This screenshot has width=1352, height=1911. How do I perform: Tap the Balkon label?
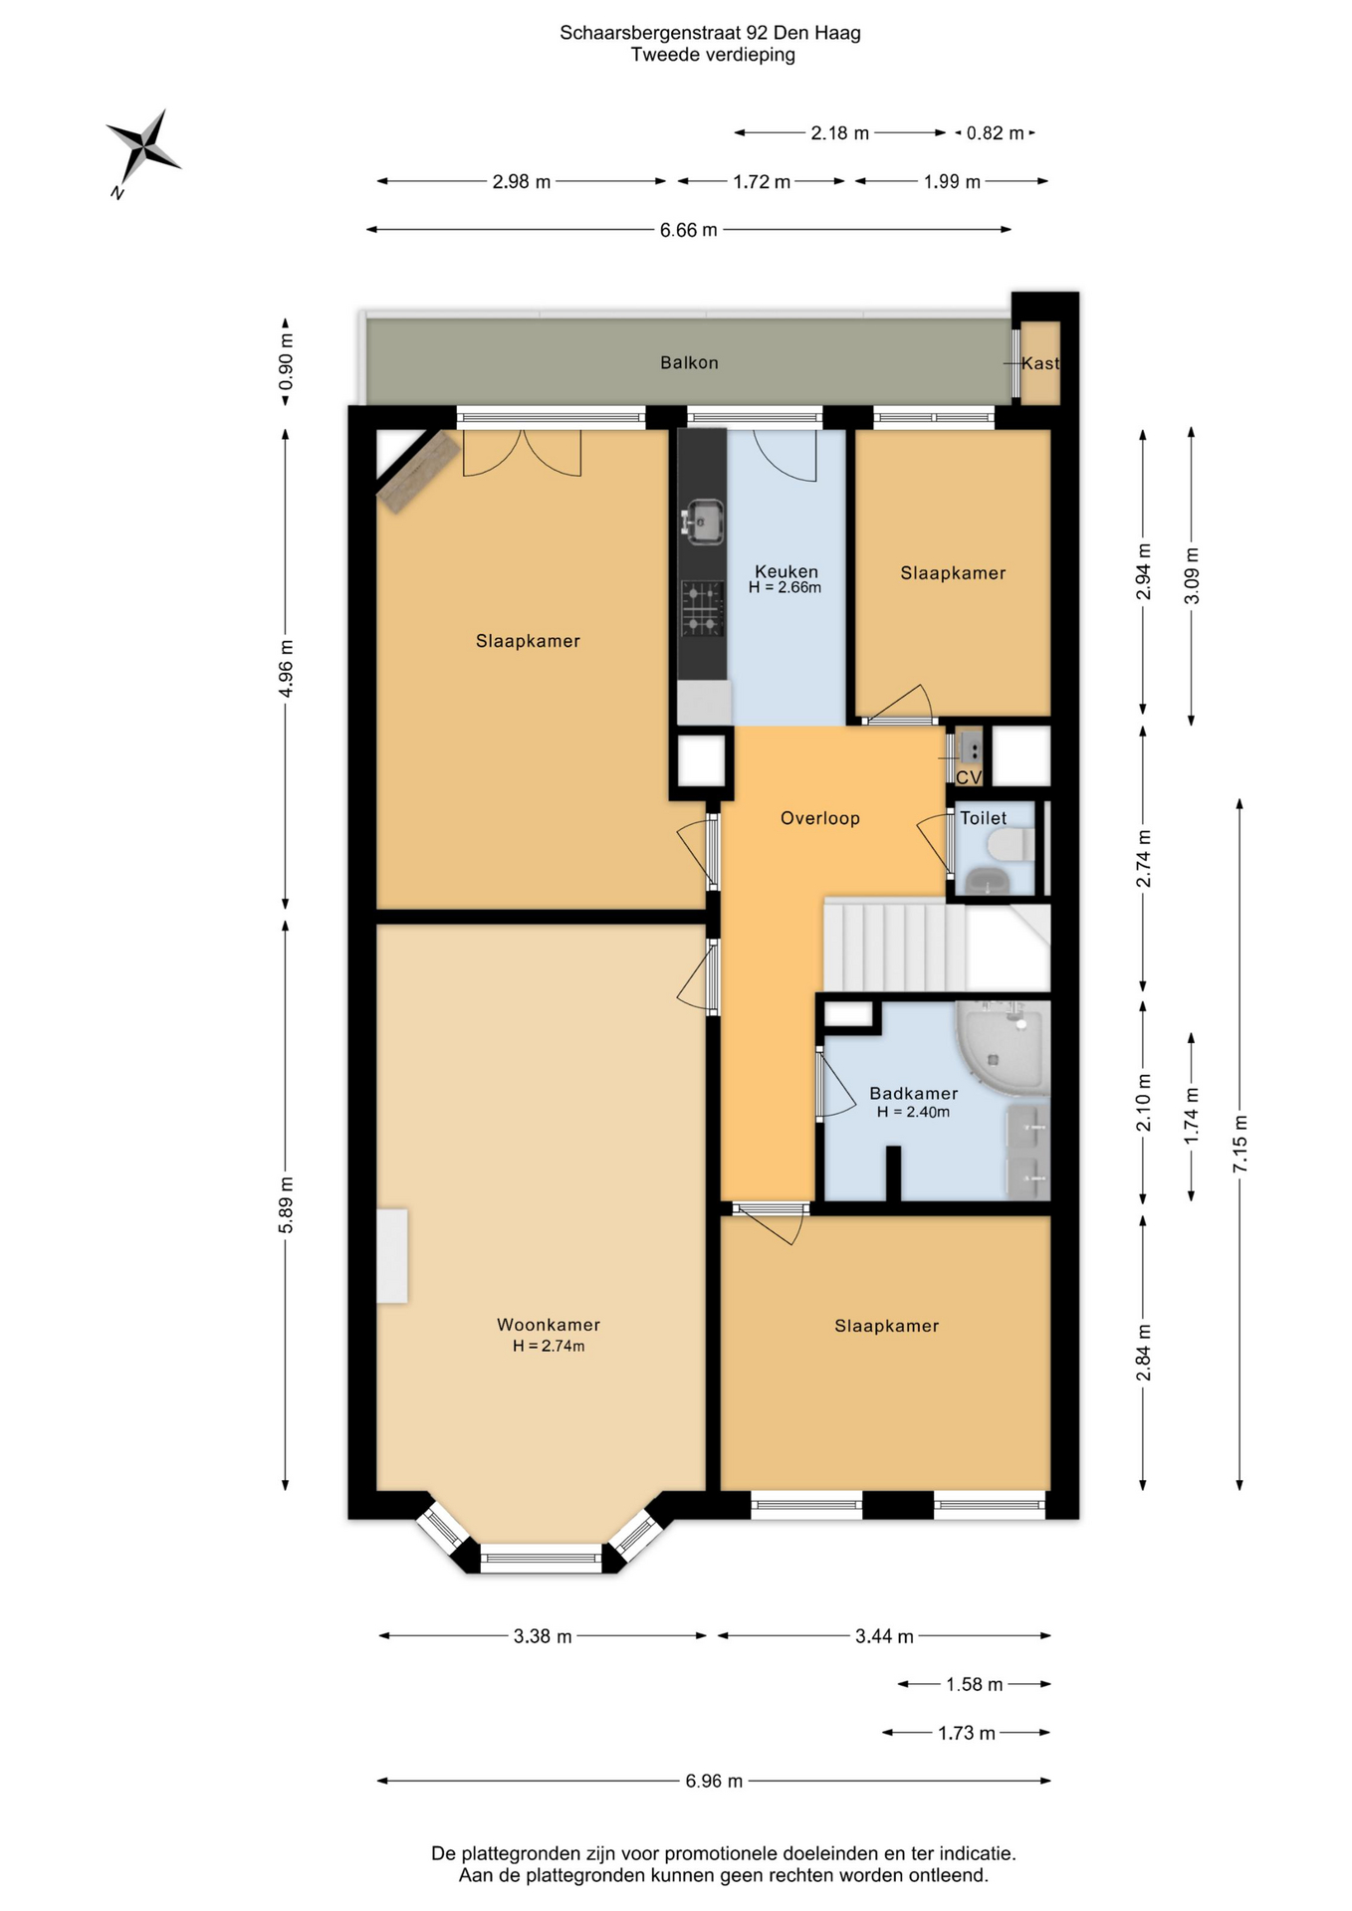pos(689,362)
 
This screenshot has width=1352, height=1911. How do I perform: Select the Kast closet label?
pos(1040,363)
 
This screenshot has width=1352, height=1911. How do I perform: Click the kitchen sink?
pos(704,521)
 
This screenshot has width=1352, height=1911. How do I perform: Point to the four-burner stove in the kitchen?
pos(702,608)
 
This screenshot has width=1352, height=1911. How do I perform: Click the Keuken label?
pos(787,571)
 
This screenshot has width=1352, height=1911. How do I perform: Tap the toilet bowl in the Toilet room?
pos(1012,845)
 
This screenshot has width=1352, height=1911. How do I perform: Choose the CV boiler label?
pos(969,777)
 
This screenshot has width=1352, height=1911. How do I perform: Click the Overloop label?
pos(819,818)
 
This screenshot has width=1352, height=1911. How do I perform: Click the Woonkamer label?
pos(549,1325)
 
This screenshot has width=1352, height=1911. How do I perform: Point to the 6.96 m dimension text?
pos(714,1781)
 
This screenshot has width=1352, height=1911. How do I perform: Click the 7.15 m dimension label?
pos(1239,1145)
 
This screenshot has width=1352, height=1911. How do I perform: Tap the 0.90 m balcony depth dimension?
pos(286,372)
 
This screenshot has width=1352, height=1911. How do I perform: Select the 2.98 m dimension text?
pos(522,181)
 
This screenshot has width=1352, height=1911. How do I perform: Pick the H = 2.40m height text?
pos(913,1112)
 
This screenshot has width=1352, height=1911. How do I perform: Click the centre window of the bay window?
pos(542,1558)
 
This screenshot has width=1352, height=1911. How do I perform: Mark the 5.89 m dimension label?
pos(286,1204)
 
